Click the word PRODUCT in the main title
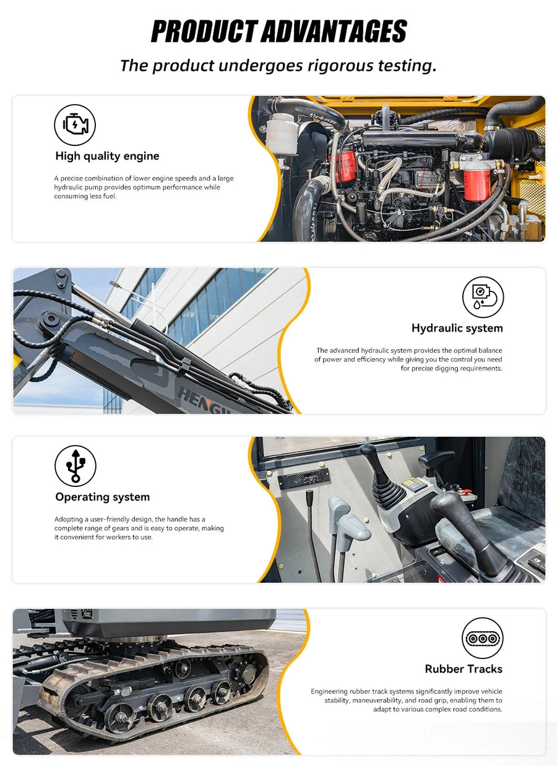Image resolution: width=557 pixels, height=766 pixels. [x=205, y=31]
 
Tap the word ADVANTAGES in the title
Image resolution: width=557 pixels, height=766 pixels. [x=335, y=31]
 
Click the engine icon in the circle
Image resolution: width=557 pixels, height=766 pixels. [x=75, y=125]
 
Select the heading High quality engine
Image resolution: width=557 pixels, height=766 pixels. [x=108, y=156]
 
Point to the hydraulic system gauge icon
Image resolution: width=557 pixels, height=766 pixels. [x=483, y=297]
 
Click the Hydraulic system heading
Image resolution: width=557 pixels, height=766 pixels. [x=457, y=329]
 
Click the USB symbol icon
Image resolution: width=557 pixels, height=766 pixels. [x=76, y=466]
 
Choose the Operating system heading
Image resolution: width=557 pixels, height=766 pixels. [x=103, y=497]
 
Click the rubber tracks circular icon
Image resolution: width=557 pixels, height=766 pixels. [x=482, y=638]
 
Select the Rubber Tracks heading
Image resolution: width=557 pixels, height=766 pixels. [x=464, y=669]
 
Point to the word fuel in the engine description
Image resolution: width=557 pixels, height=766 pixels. [x=110, y=196]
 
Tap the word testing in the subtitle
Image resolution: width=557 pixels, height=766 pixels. [x=407, y=66]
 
